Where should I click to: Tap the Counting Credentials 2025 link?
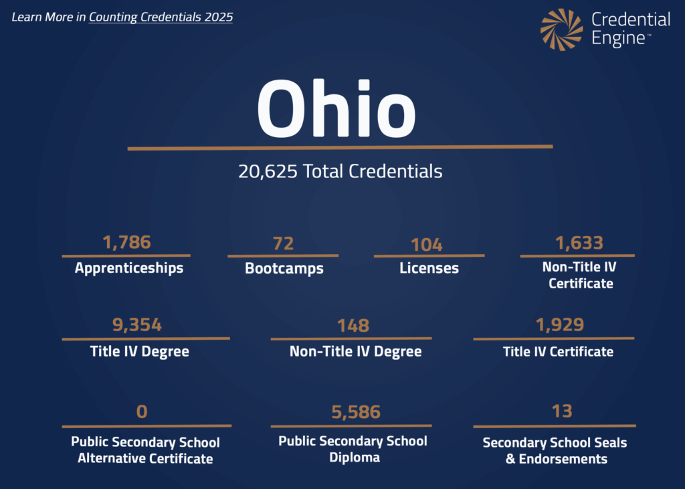161,17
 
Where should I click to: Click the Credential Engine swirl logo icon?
562,29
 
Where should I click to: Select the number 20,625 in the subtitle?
268,171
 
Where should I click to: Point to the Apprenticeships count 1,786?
126,242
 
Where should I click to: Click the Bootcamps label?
284,269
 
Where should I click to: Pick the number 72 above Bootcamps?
283,243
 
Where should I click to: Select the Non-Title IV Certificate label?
580,275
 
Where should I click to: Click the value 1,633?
579,242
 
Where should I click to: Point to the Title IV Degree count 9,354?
136,326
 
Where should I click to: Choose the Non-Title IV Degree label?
355,351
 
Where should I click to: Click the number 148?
353,326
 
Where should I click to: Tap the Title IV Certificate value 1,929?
559,325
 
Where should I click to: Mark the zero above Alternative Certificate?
142,411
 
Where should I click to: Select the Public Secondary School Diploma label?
353,449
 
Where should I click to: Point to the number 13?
562,411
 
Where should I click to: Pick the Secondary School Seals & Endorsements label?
555,450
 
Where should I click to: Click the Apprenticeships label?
128,268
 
